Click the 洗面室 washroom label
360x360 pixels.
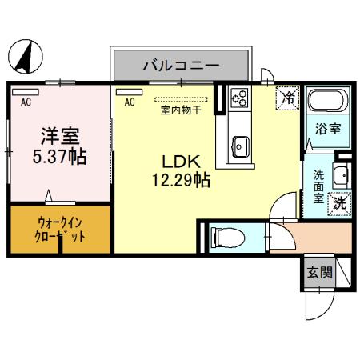[x=319, y=187]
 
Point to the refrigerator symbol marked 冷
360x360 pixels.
[x=286, y=99]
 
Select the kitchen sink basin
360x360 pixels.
[x=240, y=146]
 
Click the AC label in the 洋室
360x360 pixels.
[x=26, y=102]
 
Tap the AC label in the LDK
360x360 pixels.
[x=129, y=102]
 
